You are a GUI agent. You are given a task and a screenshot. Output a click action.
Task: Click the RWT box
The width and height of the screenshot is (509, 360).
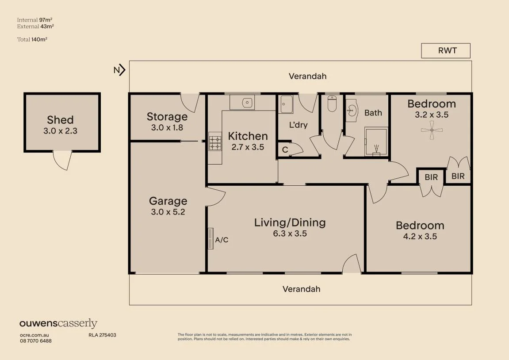tap(446, 51)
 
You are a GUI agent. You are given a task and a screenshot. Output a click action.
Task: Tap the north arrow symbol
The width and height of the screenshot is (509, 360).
tap(119, 70)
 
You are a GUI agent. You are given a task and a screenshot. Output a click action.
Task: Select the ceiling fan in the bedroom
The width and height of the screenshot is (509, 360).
tap(432, 130)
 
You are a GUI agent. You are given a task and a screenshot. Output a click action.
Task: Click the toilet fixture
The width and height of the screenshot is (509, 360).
tap(332, 103)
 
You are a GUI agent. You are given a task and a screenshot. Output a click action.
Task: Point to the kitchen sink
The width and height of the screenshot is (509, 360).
tap(247, 103)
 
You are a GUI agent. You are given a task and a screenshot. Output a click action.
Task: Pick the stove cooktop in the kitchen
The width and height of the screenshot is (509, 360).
tap(215, 143)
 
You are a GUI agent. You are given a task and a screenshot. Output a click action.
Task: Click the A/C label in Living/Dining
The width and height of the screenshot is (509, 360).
tap(222, 240)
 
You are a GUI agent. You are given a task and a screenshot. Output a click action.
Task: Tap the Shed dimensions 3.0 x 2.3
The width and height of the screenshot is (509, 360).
tap(61, 131)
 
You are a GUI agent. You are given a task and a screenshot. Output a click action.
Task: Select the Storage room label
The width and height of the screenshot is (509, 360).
tap(167, 117)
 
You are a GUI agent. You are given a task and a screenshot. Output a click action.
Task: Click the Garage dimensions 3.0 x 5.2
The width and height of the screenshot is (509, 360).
tap(168, 212)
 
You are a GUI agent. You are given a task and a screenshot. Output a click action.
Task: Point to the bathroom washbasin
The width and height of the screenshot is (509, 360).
tap(352, 111)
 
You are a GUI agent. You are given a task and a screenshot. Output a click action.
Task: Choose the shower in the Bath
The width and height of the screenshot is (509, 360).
tap(376, 142)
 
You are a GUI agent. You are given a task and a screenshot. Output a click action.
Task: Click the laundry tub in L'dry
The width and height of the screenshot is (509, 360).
tap(287, 104)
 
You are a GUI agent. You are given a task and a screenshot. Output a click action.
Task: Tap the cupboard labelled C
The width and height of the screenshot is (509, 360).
tap(285, 149)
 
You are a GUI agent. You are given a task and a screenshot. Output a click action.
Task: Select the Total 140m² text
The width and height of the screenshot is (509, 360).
tap(32, 40)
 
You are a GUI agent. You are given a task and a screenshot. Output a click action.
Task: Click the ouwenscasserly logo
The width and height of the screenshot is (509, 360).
tap(58, 323)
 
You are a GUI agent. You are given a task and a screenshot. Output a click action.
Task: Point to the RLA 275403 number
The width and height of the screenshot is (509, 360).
tap(102, 335)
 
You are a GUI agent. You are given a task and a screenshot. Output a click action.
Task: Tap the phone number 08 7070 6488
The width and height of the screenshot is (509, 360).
tap(36, 341)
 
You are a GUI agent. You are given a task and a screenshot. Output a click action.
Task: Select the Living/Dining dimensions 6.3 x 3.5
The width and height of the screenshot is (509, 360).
tap(290, 234)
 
